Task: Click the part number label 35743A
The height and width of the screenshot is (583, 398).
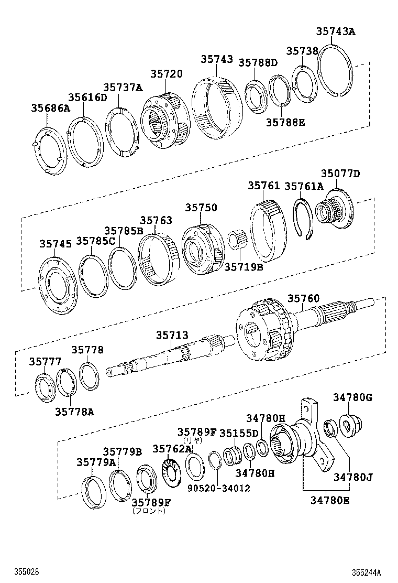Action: pos(335,31)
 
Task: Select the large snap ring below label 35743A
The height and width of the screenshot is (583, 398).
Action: pos(336,71)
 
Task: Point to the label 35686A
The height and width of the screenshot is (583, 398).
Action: pos(50,109)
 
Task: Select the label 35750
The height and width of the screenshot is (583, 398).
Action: pos(201,208)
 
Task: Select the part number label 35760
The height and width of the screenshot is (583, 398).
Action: pos(303,299)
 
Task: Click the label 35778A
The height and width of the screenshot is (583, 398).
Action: pos(74,412)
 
